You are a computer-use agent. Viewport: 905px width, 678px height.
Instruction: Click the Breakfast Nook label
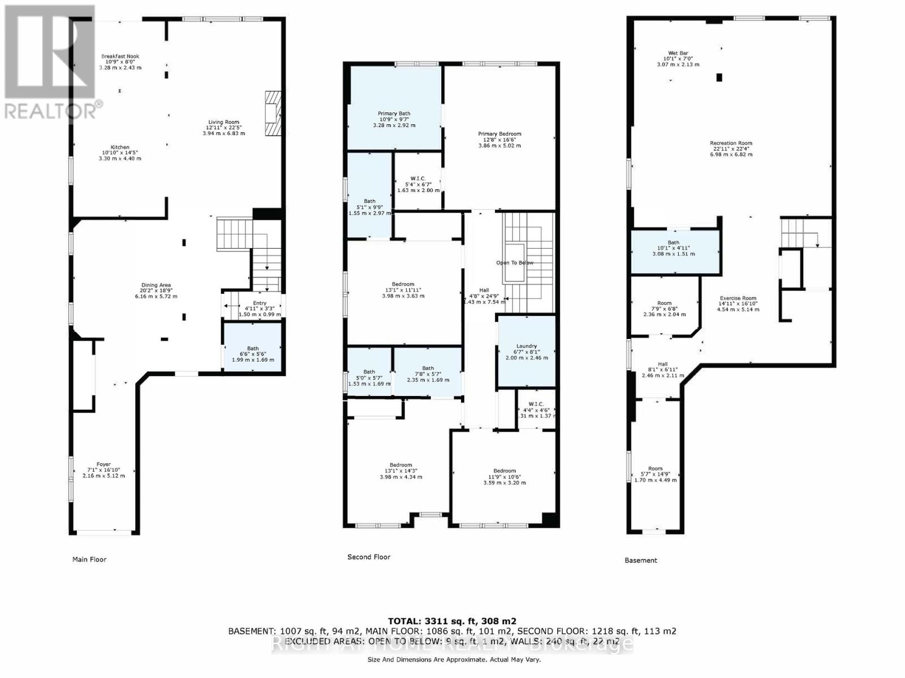point(120,56)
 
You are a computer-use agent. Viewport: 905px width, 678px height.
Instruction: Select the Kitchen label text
point(120,147)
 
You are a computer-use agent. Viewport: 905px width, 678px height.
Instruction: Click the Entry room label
point(260,303)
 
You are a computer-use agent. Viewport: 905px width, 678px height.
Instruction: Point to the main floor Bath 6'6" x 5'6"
point(253,348)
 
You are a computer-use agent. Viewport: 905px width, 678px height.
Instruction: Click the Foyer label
point(104,464)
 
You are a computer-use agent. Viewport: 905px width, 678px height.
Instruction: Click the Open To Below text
point(515,263)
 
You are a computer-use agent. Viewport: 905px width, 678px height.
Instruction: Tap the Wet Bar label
point(678,54)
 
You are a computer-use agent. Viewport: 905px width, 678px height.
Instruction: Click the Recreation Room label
point(731,144)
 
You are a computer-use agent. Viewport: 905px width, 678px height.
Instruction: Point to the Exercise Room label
point(738,298)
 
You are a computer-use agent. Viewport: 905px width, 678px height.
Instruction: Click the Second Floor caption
point(369,557)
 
